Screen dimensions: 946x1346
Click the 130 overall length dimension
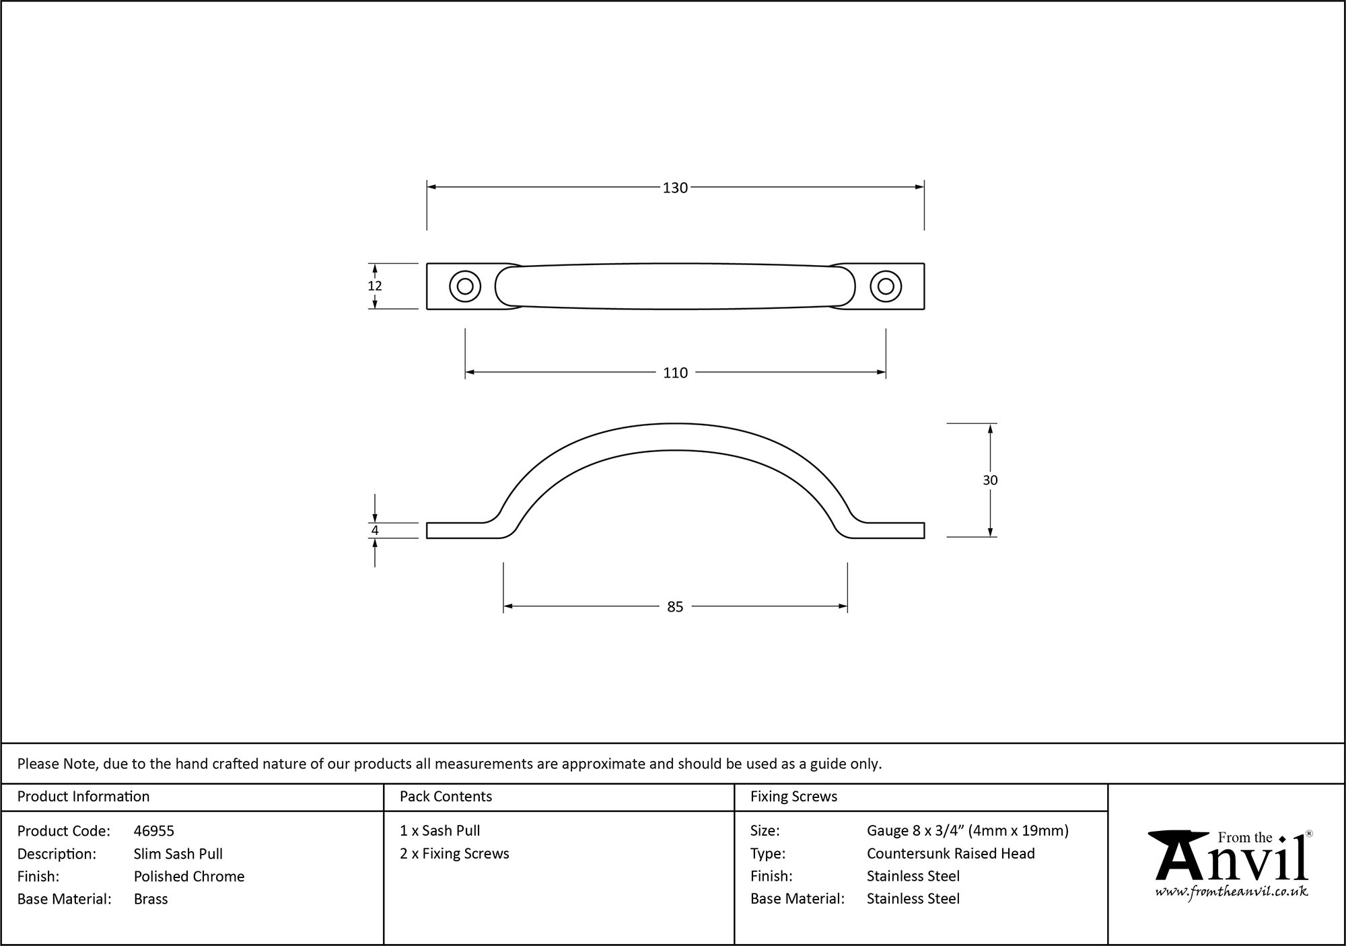pyautogui.click(x=675, y=188)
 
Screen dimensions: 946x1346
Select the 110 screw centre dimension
pyautogui.click(x=675, y=373)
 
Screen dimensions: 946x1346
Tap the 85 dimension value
pyautogui.click(x=675, y=607)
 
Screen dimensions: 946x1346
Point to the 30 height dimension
pyautogui.click(x=990, y=480)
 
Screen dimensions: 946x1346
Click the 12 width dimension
pyautogui.click(x=375, y=286)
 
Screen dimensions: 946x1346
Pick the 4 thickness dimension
pyautogui.click(x=375, y=531)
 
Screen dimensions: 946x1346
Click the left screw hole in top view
pyautogui.click(x=465, y=287)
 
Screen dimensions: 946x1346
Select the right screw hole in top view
pyautogui.click(x=886, y=287)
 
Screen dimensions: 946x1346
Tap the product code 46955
pyautogui.click(x=154, y=831)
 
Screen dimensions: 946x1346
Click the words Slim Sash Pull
pyautogui.click(x=178, y=854)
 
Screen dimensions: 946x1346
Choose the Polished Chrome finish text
pyautogui.click(x=189, y=876)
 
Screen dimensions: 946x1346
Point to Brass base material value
pyautogui.click(x=151, y=899)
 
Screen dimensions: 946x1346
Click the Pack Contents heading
pyautogui.click(x=446, y=797)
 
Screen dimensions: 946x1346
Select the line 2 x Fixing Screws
pyautogui.click(x=454, y=853)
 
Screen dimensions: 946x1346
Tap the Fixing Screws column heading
pyautogui.click(x=793, y=797)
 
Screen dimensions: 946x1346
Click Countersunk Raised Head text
pyautogui.click(x=950, y=853)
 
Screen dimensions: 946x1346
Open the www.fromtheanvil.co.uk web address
pyautogui.click(x=1232, y=892)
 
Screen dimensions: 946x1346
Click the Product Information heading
pyautogui.click(x=83, y=797)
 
